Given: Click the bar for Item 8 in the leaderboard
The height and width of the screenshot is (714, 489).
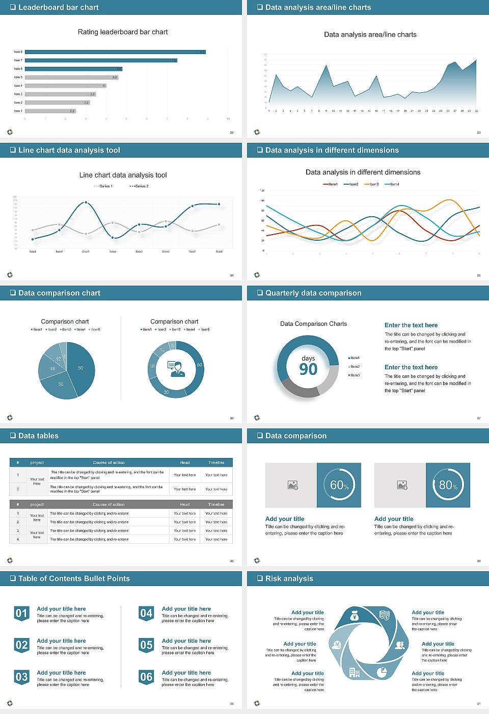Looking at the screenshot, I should click(115, 52).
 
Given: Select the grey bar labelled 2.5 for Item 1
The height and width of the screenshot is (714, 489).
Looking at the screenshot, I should click(50, 111).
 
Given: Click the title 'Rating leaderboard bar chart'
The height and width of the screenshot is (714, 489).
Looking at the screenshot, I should click(122, 32).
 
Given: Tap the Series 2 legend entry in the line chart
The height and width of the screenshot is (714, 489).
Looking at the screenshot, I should click(139, 186).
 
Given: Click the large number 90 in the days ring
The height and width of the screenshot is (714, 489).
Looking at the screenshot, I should click(308, 369).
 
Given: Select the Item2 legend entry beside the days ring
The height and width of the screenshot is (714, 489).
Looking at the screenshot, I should click(354, 367).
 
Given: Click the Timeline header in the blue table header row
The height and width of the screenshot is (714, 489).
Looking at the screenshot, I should click(216, 463).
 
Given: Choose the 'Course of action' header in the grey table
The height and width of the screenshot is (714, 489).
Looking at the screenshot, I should click(108, 504).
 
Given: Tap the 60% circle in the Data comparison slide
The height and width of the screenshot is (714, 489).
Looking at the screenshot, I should click(339, 485).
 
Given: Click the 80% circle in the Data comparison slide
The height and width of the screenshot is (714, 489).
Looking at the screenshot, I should click(448, 485).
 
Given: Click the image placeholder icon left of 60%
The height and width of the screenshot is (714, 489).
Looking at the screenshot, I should click(292, 485).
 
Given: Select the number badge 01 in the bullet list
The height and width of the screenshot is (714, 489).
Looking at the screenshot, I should click(21, 613).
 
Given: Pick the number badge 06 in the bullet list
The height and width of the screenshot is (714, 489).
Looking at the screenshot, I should click(146, 677).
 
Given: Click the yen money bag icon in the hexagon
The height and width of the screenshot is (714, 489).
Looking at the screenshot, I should click(355, 617).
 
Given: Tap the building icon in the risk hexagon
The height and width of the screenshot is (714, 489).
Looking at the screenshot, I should click(354, 673).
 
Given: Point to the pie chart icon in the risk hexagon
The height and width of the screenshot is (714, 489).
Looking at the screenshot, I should click(382, 673).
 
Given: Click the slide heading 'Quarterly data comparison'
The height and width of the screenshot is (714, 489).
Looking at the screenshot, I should click(313, 293).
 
